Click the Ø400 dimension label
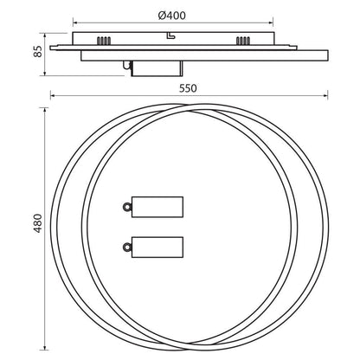(x=172, y=16)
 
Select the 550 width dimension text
(x=188, y=88)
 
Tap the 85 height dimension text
(x=38, y=51)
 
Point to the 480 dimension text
(x=37, y=223)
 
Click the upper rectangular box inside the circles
(x=157, y=207)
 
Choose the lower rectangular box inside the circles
(x=157, y=247)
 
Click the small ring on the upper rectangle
(x=127, y=207)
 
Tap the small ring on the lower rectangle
(x=127, y=247)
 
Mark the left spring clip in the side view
(x=104, y=41)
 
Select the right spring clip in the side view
(x=242, y=41)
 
